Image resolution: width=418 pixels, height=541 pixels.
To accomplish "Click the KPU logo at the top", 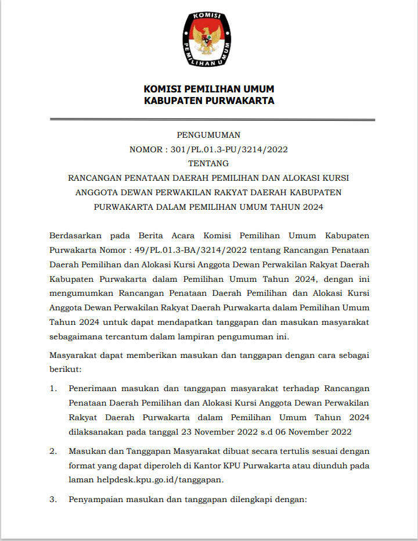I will [208, 38].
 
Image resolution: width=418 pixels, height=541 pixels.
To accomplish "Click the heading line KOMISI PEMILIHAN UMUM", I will [209, 89].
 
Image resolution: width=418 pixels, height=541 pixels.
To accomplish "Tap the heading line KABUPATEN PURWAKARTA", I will [209, 101].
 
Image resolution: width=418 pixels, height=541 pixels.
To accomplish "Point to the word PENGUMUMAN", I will [208, 135].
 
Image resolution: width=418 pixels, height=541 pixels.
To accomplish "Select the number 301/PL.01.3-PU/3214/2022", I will [229, 149].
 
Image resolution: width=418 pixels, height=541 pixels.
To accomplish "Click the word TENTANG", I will [208, 163].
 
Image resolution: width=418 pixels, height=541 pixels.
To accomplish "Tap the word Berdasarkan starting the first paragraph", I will [75, 235].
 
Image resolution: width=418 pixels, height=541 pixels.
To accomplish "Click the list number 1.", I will [52, 388].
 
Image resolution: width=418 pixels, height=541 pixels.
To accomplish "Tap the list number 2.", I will [52, 452].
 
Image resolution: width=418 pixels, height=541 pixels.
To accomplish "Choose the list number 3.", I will [52, 499].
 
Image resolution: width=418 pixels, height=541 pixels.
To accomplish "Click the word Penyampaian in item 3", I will [95, 499].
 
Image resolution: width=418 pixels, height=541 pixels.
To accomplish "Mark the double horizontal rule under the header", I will [212, 120].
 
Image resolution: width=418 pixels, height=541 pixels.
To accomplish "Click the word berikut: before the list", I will [65, 369].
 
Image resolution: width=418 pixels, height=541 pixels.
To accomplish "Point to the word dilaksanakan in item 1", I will [95, 431].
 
